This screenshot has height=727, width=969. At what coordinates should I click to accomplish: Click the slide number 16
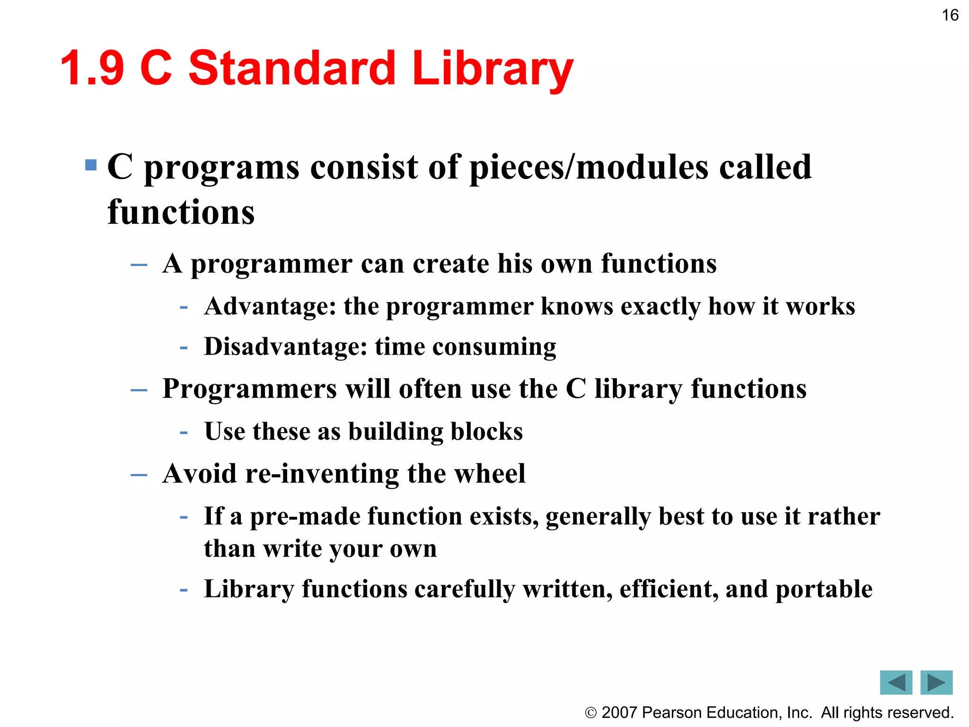click(950, 15)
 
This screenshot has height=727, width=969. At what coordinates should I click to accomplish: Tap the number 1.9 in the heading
click(93, 69)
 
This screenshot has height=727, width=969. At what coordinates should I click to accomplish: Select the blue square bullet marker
click(91, 165)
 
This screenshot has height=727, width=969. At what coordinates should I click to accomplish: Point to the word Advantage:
click(270, 306)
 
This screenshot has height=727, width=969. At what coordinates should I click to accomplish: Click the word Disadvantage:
click(286, 346)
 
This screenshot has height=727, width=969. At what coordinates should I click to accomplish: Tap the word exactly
click(661, 307)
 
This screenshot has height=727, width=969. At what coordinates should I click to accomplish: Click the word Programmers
click(249, 389)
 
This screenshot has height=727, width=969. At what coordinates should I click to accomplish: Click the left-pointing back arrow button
click(896, 682)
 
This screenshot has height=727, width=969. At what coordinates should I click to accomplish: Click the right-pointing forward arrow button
click(936, 682)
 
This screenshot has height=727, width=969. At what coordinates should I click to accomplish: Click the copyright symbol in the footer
click(590, 713)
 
